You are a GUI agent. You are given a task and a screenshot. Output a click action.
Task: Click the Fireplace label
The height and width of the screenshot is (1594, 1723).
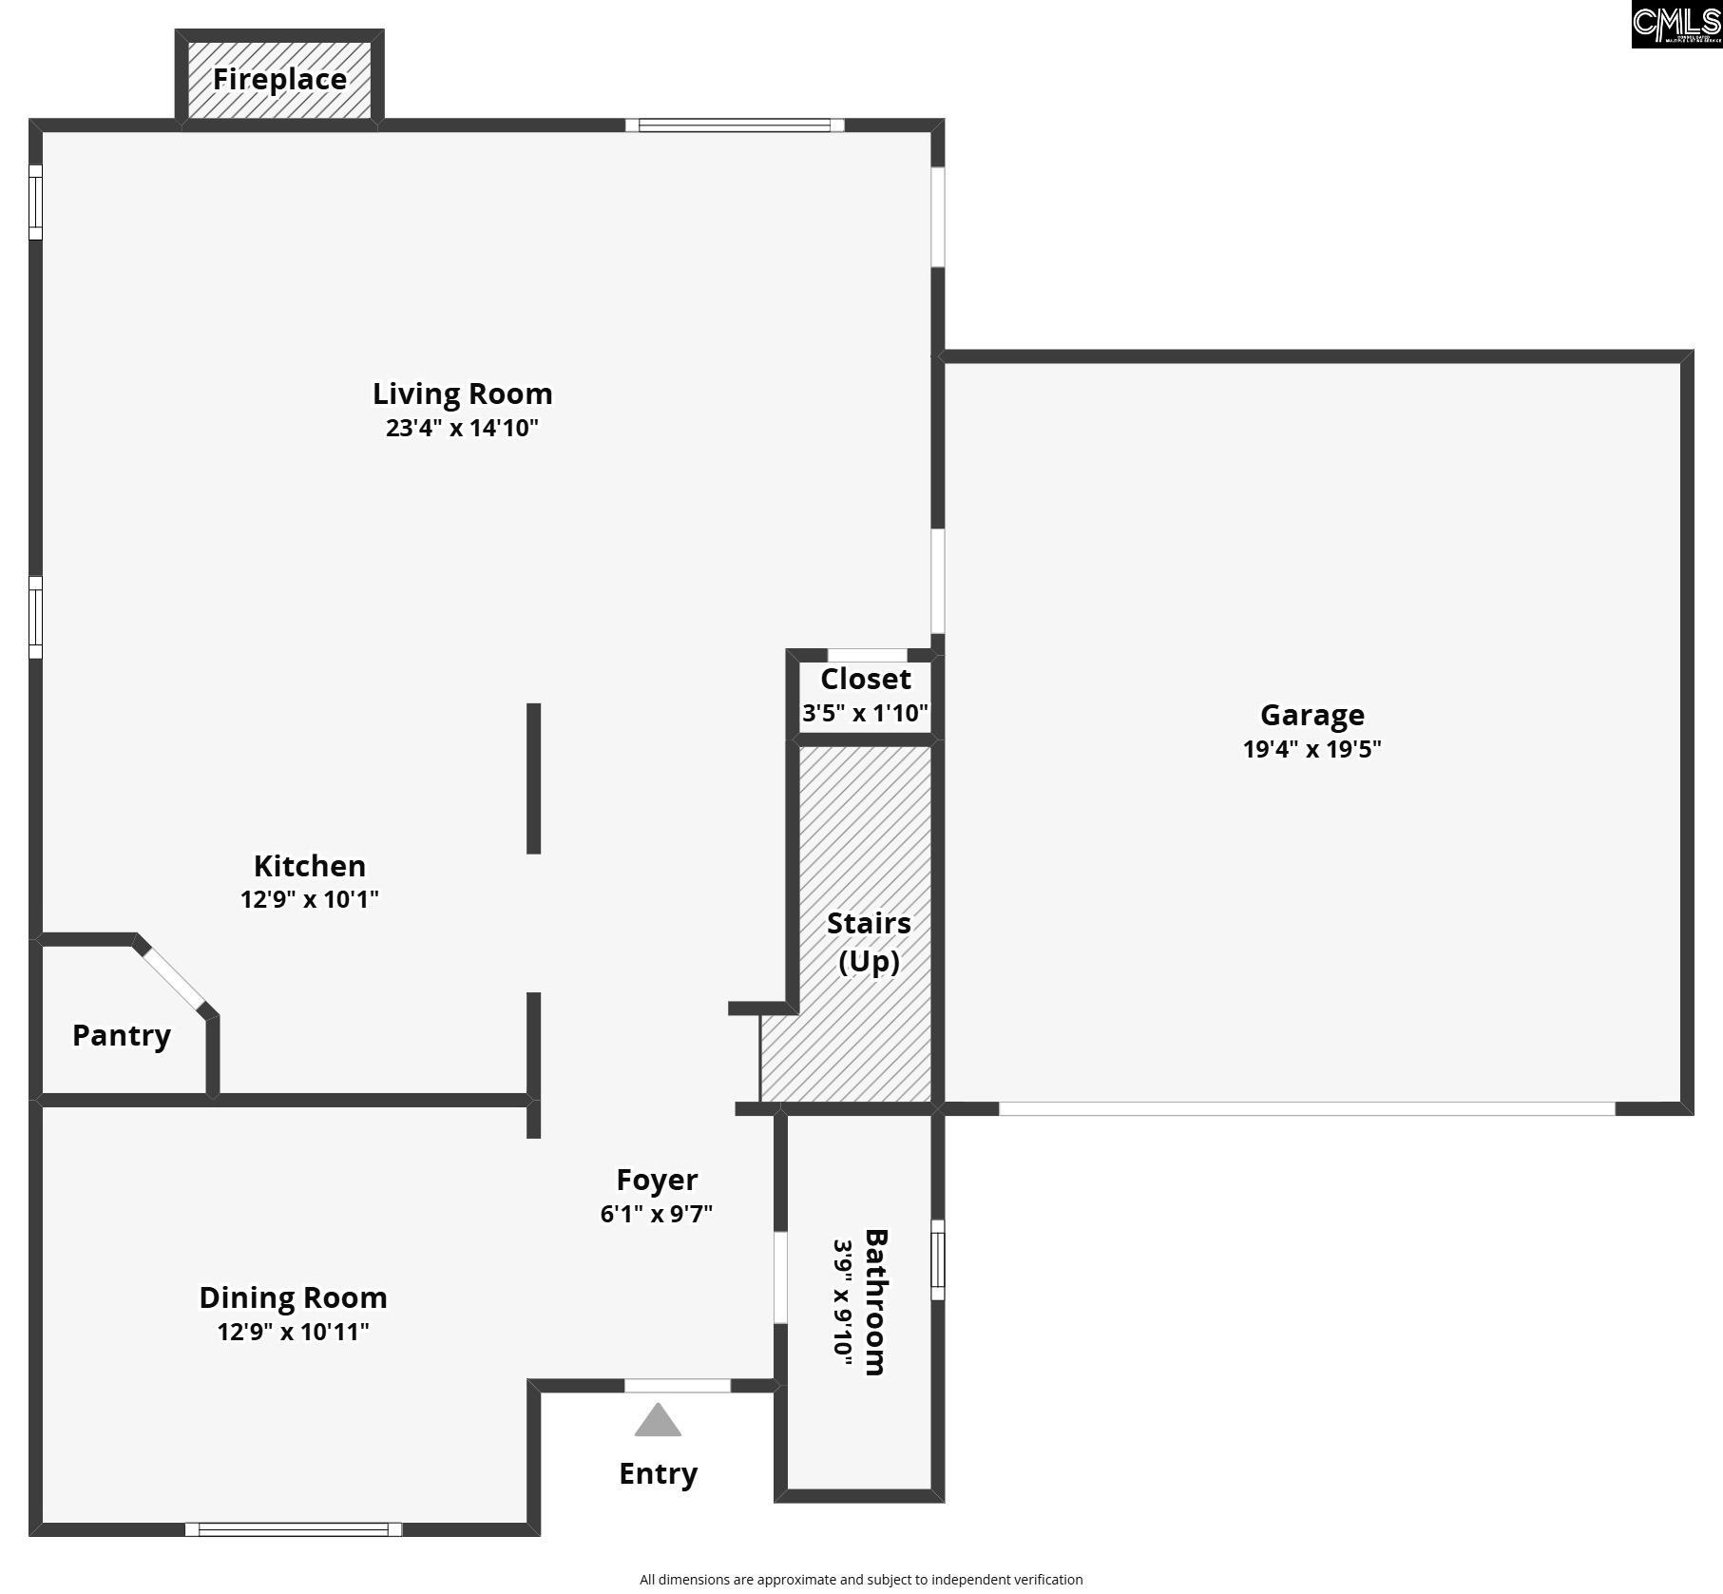point(279,79)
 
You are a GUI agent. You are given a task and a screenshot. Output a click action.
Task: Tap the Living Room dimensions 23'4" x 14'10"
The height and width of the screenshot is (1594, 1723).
point(462,428)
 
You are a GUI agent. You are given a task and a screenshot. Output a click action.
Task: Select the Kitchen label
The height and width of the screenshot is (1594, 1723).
point(310,866)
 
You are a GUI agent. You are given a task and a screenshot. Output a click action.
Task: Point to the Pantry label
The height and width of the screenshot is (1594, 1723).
point(122,1035)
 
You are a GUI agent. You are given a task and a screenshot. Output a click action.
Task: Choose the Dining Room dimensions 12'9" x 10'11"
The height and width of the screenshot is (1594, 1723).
point(293,1332)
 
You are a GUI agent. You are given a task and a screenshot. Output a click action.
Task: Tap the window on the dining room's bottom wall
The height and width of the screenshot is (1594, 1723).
point(294,1529)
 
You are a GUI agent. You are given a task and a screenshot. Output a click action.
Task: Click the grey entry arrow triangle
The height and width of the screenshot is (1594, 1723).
point(658,1420)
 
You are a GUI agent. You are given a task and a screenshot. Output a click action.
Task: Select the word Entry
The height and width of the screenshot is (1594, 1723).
point(659,1474)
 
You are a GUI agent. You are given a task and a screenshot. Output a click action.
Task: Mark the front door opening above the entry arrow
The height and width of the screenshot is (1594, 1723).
point(678,1386)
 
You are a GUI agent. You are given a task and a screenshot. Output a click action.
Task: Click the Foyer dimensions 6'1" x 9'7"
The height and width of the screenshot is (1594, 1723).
point(657,1214)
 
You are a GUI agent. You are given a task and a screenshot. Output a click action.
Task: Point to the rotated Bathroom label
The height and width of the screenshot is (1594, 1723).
point(875,1302)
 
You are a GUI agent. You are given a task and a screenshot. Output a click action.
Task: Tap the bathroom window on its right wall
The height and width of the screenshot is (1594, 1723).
point(938,1259)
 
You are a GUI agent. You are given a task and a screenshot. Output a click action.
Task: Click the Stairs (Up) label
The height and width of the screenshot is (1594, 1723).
point(869,942)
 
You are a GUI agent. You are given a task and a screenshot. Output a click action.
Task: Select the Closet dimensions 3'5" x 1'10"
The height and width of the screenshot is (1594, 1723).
point(865,713)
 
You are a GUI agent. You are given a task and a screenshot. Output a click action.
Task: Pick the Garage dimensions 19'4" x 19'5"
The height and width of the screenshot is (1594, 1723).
point(1311,749)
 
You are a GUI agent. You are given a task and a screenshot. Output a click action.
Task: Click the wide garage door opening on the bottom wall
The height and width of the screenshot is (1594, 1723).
point(1307,1108)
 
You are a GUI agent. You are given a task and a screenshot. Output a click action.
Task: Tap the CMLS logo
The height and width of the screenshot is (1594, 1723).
point(1676,24)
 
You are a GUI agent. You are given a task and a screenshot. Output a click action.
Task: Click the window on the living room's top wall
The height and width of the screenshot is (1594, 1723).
point(735,125)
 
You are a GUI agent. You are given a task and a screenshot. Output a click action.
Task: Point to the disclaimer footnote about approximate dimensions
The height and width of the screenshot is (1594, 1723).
point(861,1579)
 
